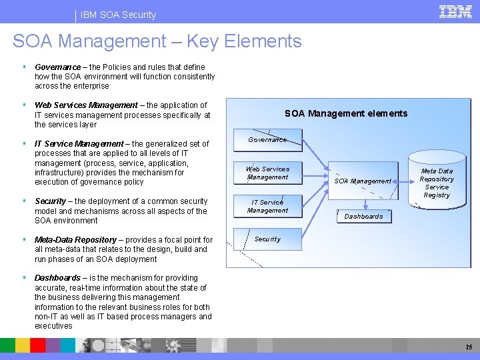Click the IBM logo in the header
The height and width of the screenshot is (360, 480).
tap(455, 11)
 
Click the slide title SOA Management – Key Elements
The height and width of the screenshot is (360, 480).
tap(157, 41)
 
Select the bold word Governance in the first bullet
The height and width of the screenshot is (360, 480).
tap(57, 67)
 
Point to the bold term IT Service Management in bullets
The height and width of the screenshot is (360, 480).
tap(79, 144)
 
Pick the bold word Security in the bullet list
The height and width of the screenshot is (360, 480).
tap(50, 201)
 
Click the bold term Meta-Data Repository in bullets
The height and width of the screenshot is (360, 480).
tap(75, 240)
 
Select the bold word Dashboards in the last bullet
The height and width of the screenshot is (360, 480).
tap(59, 278)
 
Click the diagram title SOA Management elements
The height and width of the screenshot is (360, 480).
tap(345, 113)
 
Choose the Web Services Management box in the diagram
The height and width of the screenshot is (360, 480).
tap(267, 173)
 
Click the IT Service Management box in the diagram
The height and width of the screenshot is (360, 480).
tap(267, 207)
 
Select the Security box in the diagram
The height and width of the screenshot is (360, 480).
tap(267, 239)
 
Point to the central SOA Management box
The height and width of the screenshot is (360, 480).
tap(363, 181)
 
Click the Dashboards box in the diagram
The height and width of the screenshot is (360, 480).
tap(363, 216)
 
